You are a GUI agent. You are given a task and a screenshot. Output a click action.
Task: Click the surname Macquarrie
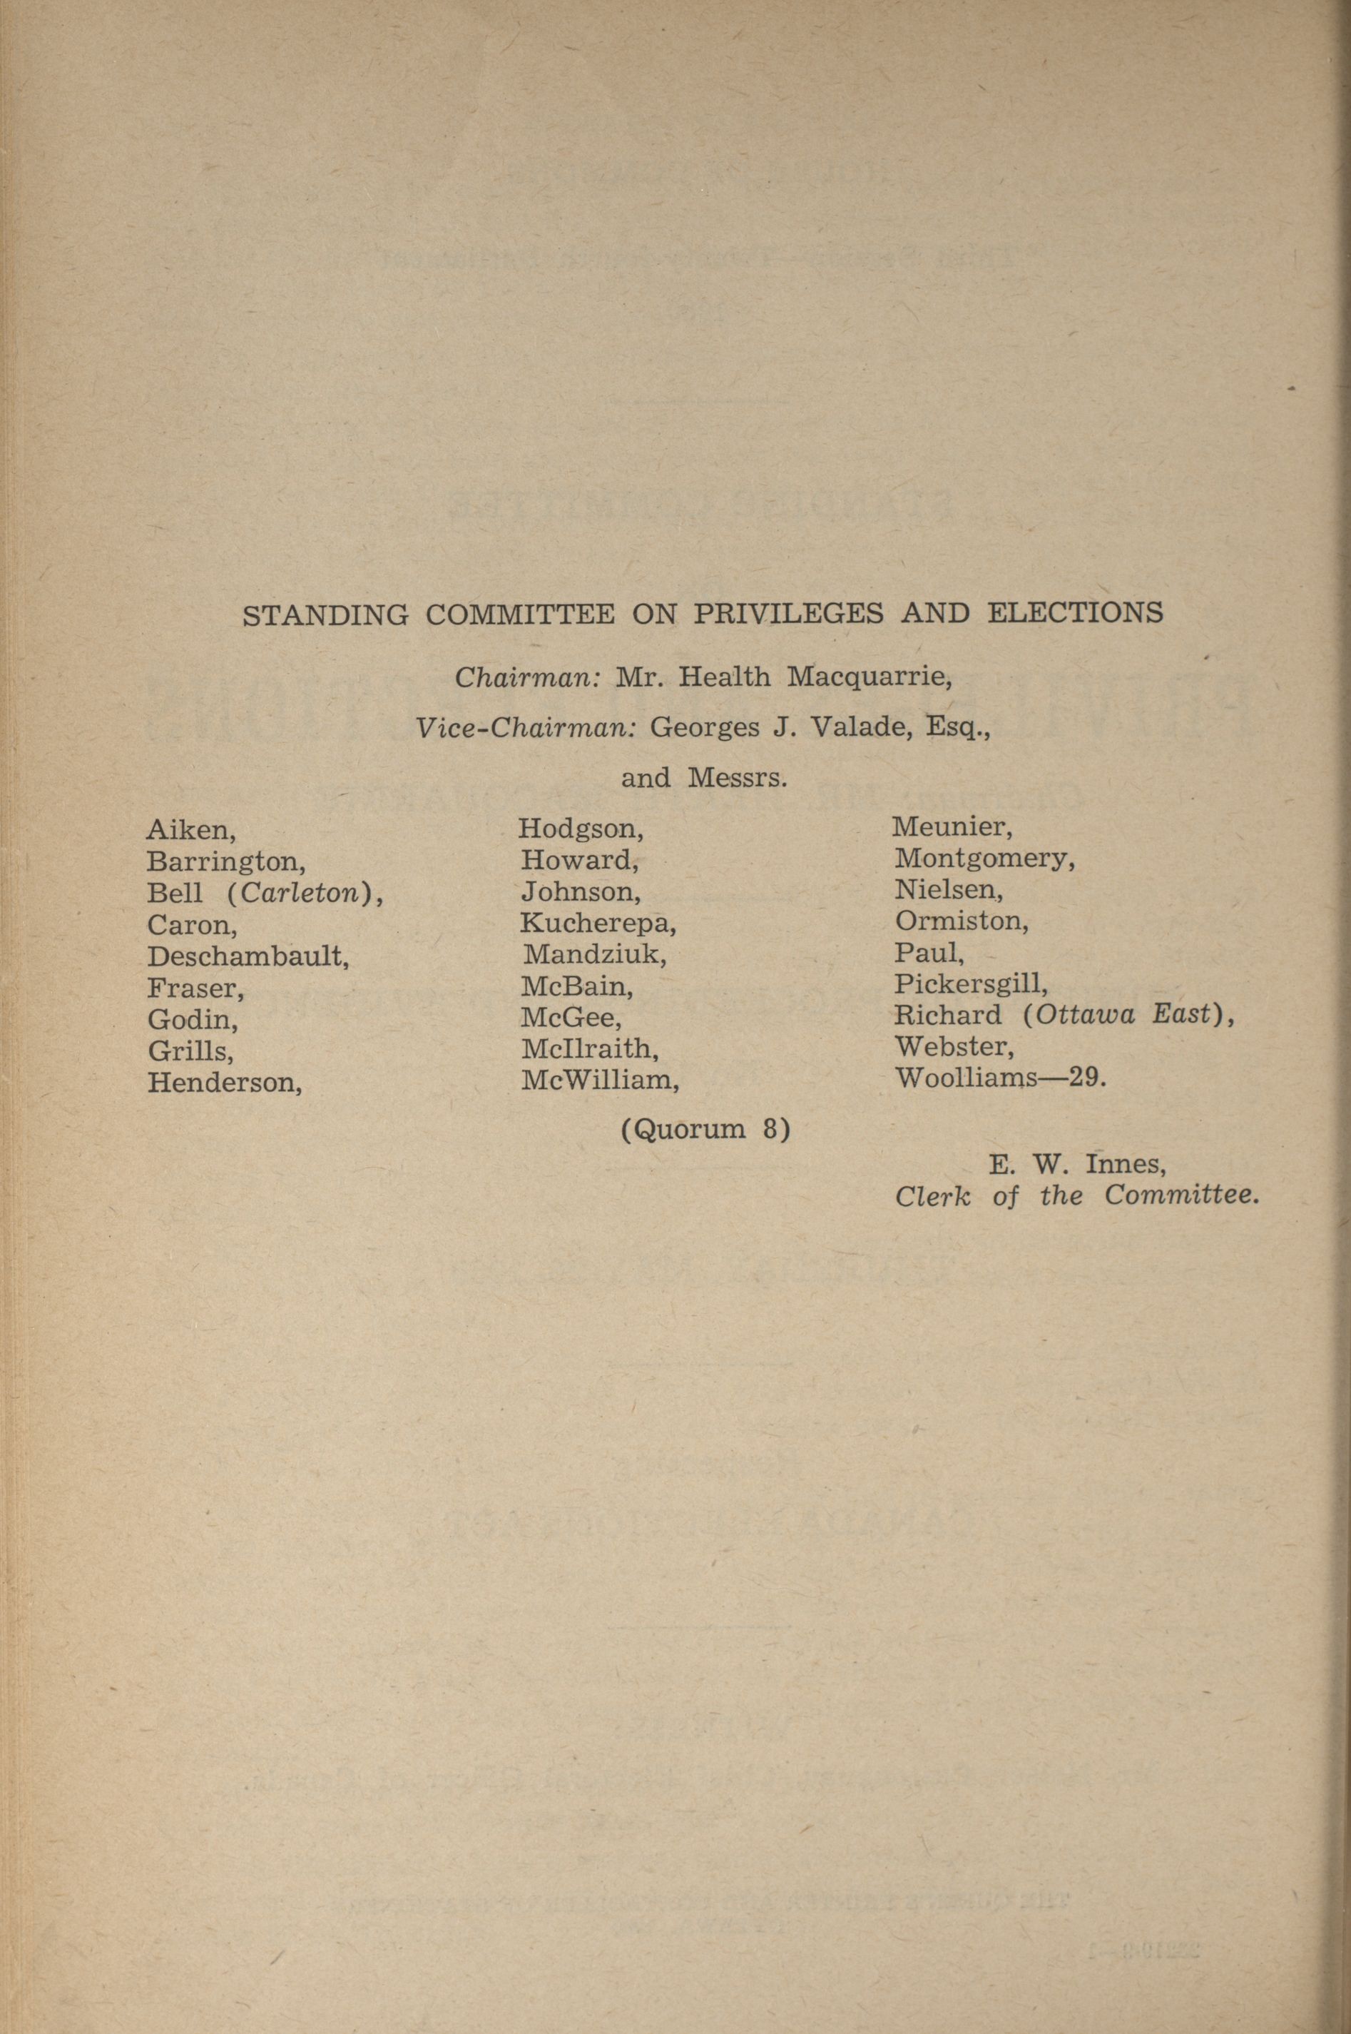[x=869, y=678]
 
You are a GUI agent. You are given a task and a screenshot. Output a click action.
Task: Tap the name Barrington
[x=225, y=863]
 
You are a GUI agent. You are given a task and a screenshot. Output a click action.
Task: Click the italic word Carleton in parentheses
[x=299, y=893]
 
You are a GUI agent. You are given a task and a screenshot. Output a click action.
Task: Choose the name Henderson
[x=224, y=1083]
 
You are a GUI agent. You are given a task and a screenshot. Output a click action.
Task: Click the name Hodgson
[x=581, y=830]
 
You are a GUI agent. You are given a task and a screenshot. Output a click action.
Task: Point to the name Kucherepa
[x=598, y=924]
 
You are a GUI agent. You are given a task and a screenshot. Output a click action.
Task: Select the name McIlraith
[x=589, y=1049]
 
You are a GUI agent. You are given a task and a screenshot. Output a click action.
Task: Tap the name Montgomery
[x=984, y=859]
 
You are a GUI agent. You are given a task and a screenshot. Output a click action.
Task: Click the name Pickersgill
[x=970, y=984]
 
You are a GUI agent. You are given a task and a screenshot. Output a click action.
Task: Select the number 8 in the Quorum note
[x=771, y=1129]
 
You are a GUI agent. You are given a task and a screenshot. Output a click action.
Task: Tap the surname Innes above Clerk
[x=1126, y=1165]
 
